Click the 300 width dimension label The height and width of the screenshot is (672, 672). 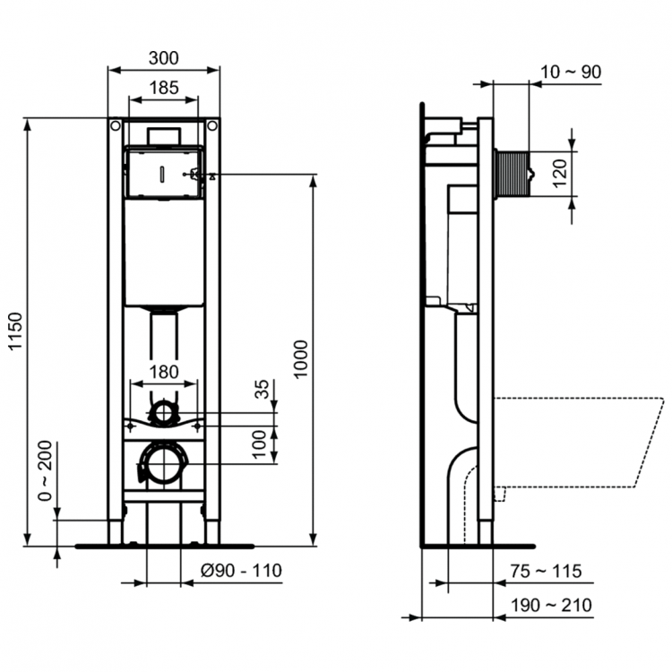tap(163, 58)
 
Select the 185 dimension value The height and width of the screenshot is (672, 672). tap(163, 88)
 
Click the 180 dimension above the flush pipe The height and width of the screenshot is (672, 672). tap(163, 372)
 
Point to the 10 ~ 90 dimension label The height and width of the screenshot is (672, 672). tap(570, 72)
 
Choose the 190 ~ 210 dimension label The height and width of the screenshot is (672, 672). tap(551, 606)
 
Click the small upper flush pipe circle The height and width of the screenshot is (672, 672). tap(163, 412)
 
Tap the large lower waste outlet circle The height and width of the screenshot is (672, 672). tap(163, 463)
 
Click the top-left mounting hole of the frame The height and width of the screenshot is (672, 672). tap(115, 127)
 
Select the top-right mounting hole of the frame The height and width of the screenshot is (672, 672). tap(212, 127)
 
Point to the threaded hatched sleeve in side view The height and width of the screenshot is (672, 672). tap(514, 173)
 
